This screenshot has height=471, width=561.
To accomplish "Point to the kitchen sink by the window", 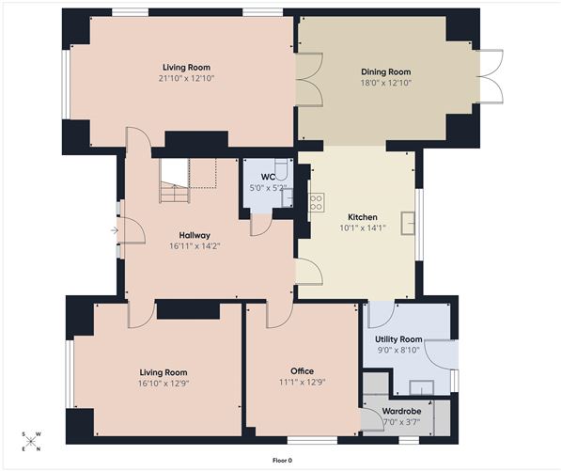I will [408, 222].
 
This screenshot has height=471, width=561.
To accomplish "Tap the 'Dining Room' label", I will [386, 71].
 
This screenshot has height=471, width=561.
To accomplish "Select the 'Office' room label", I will [302, 370].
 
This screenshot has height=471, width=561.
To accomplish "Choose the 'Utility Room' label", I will [398, 338].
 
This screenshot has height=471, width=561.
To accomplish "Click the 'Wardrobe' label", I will [400, 411].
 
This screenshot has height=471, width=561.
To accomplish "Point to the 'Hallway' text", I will [195, 235].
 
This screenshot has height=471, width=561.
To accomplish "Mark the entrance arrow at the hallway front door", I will [115, 229].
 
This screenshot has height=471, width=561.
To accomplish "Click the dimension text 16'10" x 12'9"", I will [164, 384].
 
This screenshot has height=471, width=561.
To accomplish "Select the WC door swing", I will [260, 225].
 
